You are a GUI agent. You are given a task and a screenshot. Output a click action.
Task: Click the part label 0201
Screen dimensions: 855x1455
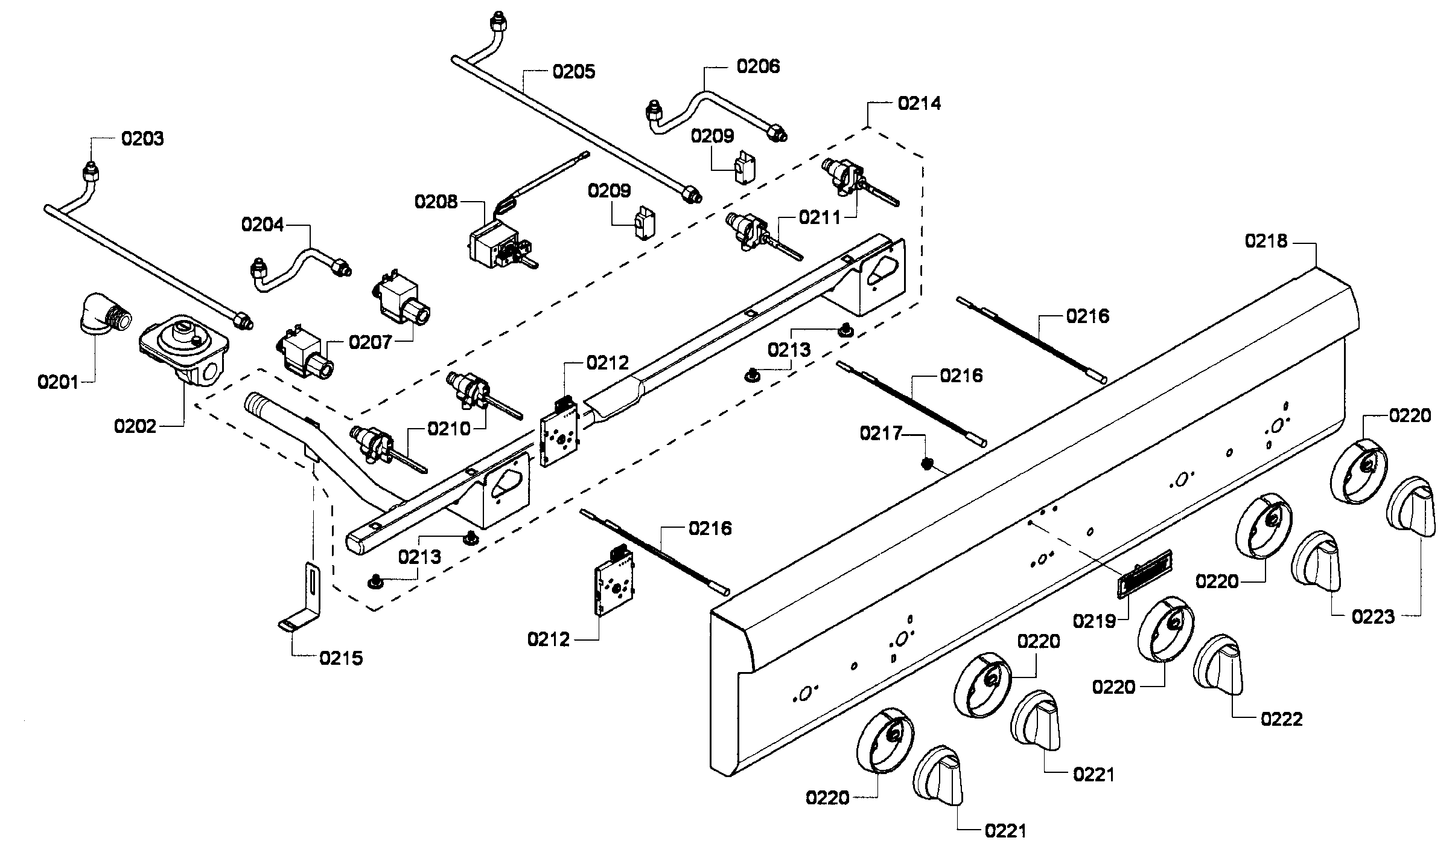pos(57,382)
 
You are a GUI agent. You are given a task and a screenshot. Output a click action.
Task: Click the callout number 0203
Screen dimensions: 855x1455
pos(142,139)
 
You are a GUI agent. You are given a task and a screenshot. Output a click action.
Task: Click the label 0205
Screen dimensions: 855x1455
pos(574,72)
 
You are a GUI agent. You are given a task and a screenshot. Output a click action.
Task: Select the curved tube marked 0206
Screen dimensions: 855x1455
pos(712,115)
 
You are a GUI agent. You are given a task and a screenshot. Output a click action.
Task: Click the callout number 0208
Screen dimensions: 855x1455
pos(436,201)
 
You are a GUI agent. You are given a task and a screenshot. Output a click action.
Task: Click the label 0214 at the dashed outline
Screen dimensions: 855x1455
pos(919,104)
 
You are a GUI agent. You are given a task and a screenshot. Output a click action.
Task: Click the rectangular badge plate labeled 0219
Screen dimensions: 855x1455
pos(1144,574)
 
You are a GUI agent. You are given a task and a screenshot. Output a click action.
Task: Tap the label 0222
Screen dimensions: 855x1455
pos(1281,719)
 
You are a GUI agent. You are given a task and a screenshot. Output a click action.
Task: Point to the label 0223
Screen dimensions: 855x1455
pos(1373,616)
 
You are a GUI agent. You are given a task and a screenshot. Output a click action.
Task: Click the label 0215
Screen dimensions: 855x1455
pos(341,658)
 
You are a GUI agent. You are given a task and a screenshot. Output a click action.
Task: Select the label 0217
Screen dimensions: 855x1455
pos(881,434)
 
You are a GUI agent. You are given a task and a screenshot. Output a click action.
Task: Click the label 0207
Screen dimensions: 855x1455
pos(370,342)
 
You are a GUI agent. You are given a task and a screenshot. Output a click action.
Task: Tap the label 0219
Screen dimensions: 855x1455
pos(1094,621)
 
